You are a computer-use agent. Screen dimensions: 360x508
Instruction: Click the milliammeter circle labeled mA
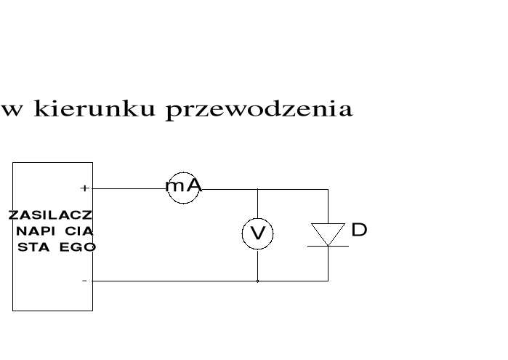[x=183, y=187]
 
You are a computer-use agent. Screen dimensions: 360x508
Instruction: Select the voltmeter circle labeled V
[x=257, y=234]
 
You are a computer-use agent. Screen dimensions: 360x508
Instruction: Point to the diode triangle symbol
[x=328, y=233]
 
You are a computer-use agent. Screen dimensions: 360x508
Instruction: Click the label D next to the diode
[x=359, y=231]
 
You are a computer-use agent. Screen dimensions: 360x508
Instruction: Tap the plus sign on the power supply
[x=84, y=188]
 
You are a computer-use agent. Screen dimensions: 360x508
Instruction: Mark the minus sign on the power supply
[x=84, y=281]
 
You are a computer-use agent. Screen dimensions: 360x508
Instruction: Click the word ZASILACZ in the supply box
[x=51, y=215]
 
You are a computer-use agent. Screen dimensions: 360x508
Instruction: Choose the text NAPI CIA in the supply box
[x=53, y=231]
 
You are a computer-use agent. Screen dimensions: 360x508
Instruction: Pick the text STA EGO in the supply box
[x=57, y=247]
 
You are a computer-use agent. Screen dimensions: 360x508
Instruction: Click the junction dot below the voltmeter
[x=257, y=281]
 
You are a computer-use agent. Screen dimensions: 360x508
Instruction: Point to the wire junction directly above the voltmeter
[x=257, y=189]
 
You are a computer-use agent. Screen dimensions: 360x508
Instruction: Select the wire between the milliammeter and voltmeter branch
[x=228, y=189]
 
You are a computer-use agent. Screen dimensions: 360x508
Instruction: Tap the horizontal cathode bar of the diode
[x=328, y=246]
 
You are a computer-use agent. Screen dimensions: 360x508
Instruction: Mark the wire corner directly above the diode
[x=328, y=189]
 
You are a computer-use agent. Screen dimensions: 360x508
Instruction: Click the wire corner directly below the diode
[x=328, y=281]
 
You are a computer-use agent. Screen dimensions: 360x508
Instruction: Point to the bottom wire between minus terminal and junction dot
[x=174, y=281]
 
